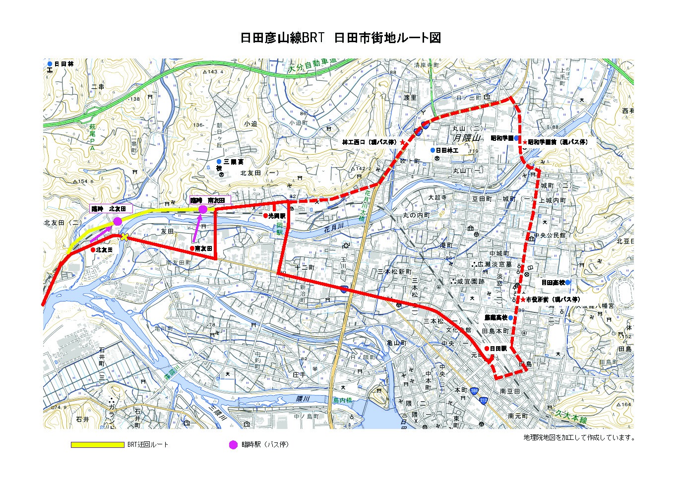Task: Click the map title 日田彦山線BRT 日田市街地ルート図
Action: point(340,38)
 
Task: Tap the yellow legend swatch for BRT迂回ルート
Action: point(97,445)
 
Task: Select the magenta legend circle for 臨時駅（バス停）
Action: point(233,445)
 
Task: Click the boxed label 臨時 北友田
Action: point(111,209)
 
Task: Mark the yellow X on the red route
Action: point(124,237)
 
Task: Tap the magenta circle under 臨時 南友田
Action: point(203,210)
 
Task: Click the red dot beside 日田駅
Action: point(487,349)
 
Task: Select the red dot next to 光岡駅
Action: point(265,216)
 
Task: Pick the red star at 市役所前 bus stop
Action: point(523,300)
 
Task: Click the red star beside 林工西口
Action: point(402,142)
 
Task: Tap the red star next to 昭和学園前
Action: point(525,142)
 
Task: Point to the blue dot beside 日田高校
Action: point(567,282)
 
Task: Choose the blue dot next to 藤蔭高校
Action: point(510,317)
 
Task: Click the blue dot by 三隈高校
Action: point(219,162)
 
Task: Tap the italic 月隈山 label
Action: point(467,138)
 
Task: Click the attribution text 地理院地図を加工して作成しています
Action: point(579,437)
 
